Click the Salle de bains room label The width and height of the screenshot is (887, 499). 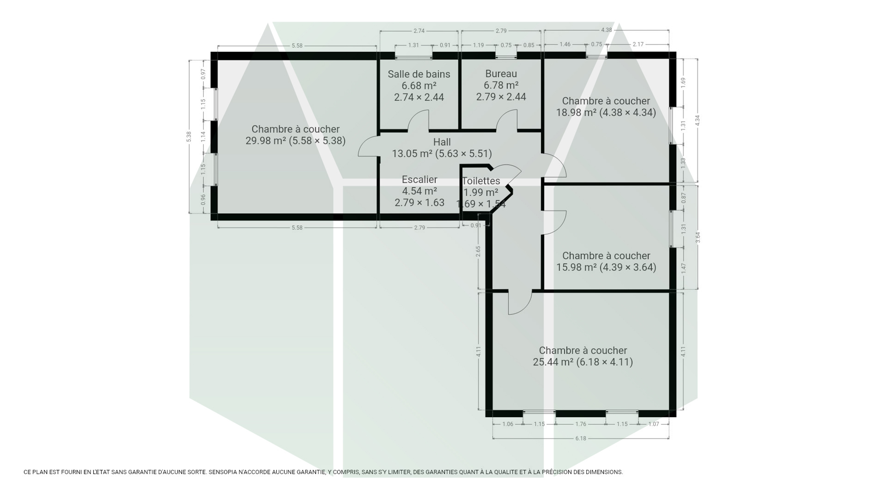click(419, 74)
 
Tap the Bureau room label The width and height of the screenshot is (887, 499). click(501, 74)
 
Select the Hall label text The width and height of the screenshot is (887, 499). click(442, 142)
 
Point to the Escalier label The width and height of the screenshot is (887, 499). click(420, 180)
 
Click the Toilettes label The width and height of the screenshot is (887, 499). click(481, 181)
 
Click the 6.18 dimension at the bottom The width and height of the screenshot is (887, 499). click(581, 438)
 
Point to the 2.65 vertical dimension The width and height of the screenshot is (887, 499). click(478, 251)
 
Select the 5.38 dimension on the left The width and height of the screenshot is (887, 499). click(189, 137)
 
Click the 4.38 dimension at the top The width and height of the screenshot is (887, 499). click(606, 30)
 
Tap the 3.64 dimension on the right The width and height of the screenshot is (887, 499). click(698, 237)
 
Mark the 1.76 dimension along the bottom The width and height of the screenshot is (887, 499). click(581, 424)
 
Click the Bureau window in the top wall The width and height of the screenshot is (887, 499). click(506, 56)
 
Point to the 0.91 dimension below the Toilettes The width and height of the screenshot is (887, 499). click(476, 226)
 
